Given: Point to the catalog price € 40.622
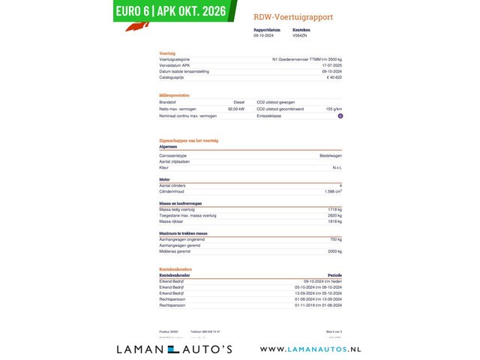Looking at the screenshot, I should [334, 77].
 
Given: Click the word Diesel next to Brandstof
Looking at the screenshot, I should [238, 101].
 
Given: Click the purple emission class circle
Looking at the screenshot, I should [340, 116].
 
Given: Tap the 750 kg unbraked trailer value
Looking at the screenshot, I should [335, 239].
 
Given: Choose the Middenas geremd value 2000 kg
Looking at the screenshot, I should [334, 251].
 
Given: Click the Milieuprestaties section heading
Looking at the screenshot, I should [175, 95].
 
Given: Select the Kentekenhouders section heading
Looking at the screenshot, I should [176, 268].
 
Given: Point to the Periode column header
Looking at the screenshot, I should [334, 274].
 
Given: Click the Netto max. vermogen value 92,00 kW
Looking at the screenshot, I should [235, 109].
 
